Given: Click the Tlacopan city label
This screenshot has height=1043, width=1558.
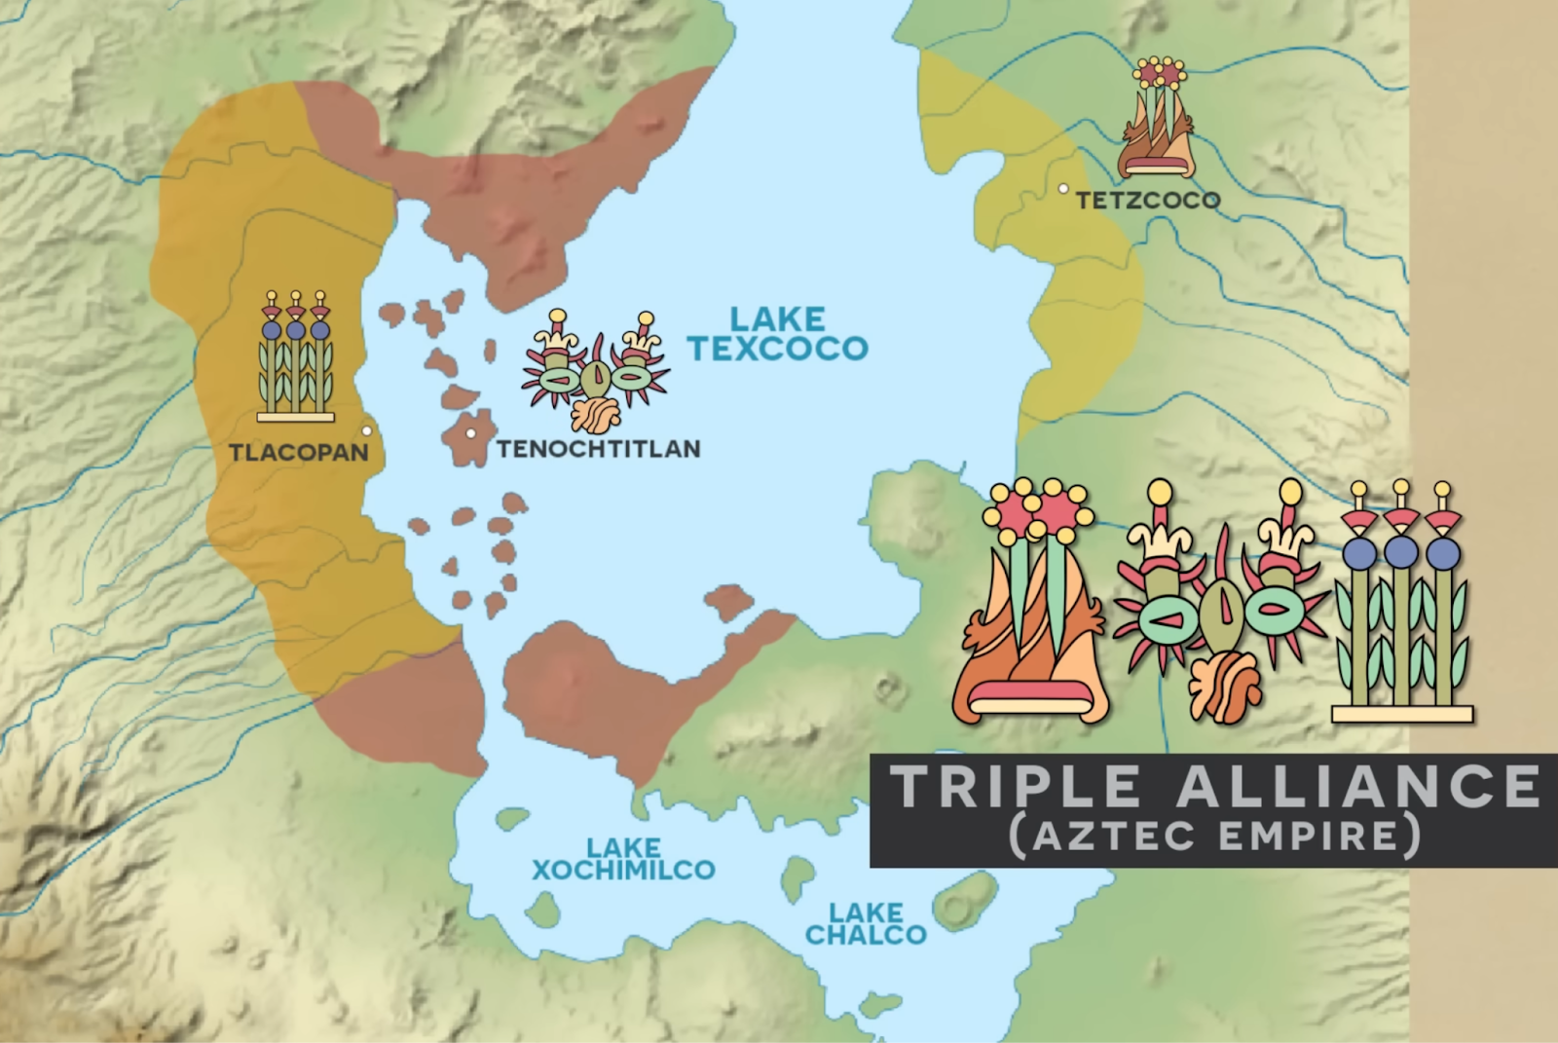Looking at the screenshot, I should click(x=299, y=453).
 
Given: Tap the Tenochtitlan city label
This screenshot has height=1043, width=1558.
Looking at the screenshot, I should click(x=599, y=449).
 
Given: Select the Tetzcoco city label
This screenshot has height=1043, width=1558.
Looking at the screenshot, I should click(x=1148, y=201).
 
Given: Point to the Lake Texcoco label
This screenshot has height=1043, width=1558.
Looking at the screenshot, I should click(x=778, y=334).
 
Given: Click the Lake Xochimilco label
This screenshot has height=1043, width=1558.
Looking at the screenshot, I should click(x=623, y=859).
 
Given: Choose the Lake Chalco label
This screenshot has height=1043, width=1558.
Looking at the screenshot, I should click(x=866, y=924).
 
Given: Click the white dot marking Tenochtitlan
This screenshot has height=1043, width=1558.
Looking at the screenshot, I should click(x=470, y=433).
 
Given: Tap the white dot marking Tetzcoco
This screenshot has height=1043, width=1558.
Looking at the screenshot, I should click(x=1064, y=189).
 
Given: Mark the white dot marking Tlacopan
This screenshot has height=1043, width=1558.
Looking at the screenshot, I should click(x=367, y=430).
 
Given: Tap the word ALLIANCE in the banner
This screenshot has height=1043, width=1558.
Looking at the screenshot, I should click(x=1358, y=787).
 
